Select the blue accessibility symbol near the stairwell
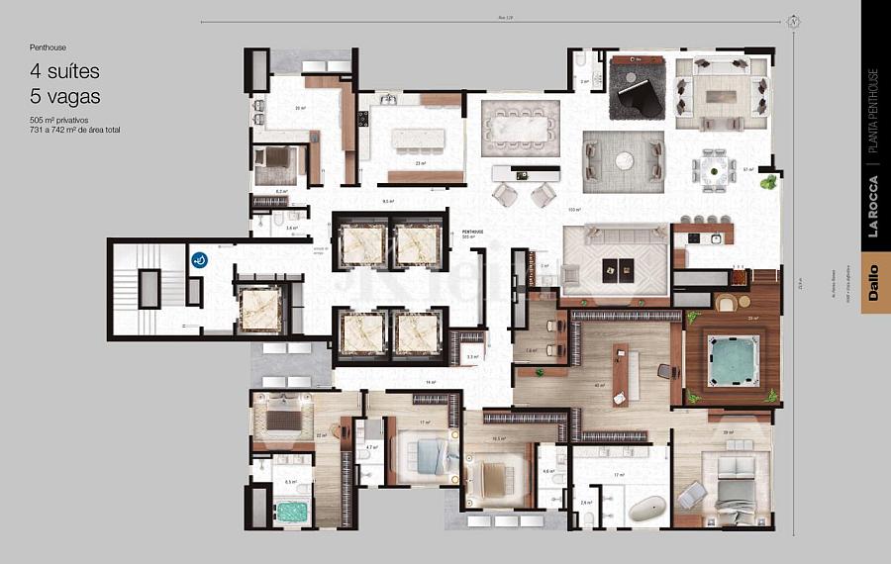coord(199,260)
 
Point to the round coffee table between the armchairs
coord(623,160)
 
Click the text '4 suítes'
coord(64,72)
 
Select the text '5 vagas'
coord(64,96)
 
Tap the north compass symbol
coord(793,21)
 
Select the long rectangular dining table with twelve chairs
coord(520,128)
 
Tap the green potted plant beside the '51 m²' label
coord(768,181)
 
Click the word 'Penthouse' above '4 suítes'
coord(49,47)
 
